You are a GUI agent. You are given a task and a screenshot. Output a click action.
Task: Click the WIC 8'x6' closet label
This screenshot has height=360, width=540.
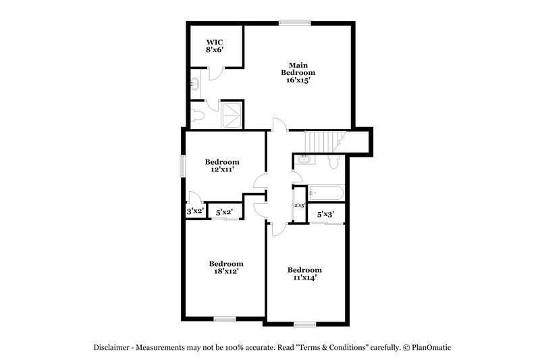click(215, 45)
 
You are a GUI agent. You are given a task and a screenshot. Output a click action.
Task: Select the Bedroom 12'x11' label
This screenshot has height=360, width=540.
click(222, 166)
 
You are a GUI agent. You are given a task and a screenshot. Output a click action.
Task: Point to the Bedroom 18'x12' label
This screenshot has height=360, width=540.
click(225, 267)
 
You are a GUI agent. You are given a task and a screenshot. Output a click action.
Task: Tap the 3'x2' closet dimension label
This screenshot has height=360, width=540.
click(195, 212)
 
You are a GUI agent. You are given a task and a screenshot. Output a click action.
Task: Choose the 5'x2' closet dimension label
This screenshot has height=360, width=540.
click(224, 213)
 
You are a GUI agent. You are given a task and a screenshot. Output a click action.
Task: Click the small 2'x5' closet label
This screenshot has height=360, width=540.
click(299, 205)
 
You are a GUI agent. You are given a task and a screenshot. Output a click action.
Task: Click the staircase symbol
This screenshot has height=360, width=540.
click(324, 142)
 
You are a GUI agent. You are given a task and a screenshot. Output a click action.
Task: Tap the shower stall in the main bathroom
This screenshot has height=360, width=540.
click(232, 115)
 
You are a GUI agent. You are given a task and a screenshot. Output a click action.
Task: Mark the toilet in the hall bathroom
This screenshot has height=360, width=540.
click(333, 161)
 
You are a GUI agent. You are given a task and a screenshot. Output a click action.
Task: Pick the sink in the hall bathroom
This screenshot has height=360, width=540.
click(304, 159)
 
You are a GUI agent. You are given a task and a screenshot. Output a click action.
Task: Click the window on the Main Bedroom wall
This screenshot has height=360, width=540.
click(295, 22)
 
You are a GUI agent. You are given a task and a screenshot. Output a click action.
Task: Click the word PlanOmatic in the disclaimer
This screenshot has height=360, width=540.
click(429, 347)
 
